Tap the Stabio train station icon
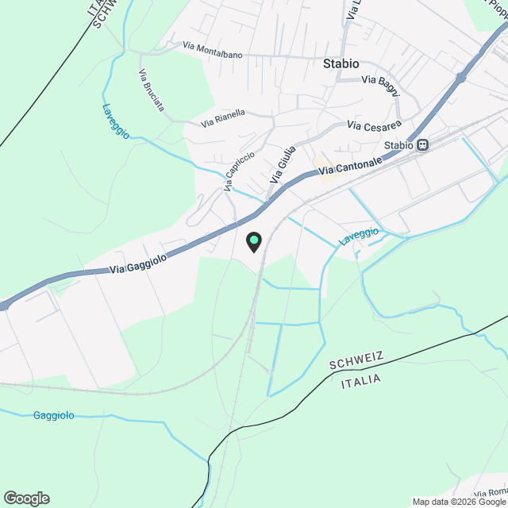tap(423, 145)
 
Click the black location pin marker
tap(253, 241)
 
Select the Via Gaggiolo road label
tap(140, 264)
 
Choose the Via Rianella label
tap(223, 118)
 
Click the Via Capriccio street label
tap(239, 171)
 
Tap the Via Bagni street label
tap(380, 80)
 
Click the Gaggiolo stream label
tap(55, 415)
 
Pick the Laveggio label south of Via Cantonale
tap(359, 236)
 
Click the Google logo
tap(25, 498)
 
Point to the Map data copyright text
tap(459, 502)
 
